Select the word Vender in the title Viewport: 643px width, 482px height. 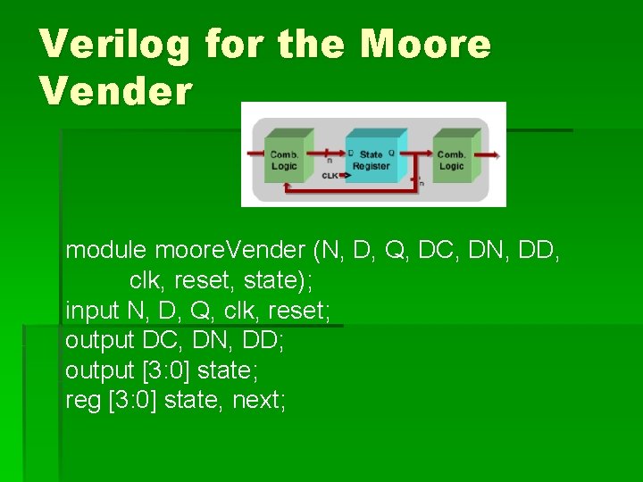(116, 91)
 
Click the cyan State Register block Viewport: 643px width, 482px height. (371, 158)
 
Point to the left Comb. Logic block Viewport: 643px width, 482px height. (284, 158)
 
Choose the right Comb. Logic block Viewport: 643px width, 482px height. (452, 158)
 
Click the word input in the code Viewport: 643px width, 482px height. (91, 310)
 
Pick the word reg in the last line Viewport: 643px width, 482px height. (82, 401)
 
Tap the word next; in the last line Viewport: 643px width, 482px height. (259, 401)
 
